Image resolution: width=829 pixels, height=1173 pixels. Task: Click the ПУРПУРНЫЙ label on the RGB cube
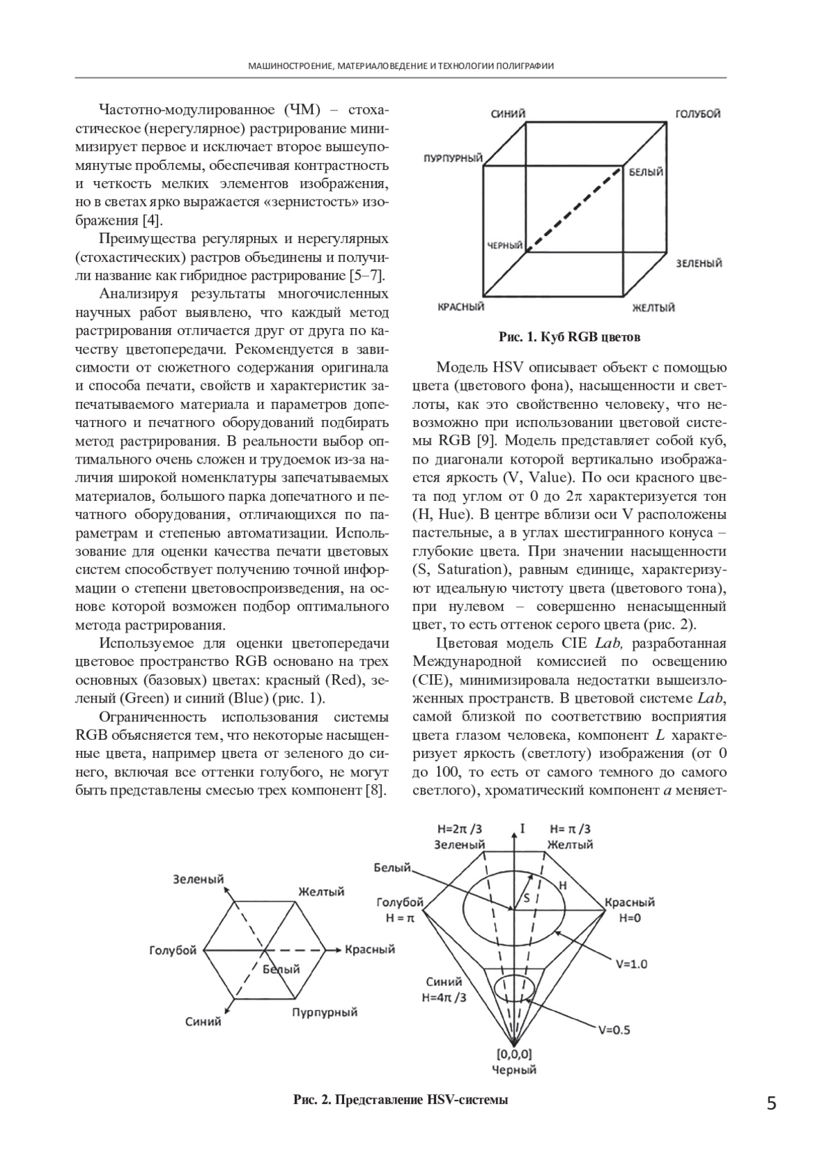point(452,159)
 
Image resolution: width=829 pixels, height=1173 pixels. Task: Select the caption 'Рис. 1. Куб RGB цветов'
point(569,338)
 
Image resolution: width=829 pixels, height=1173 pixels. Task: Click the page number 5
point(772,1104)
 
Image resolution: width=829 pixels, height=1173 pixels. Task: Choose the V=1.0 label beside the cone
point(631,964)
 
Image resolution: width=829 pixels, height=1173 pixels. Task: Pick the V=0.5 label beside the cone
point(614,1029)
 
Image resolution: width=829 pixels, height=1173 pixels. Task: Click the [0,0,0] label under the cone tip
point(514,1054)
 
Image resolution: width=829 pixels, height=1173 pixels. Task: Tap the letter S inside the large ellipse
point(526,898)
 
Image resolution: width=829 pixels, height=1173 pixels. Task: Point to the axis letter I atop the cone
point(523,827)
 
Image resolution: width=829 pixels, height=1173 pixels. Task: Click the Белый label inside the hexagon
point(282,969)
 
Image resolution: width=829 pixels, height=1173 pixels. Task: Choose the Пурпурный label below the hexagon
point(324,1013)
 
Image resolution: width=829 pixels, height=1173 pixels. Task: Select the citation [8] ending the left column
point(374,790)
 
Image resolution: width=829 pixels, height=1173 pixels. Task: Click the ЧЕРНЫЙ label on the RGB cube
point(503,245)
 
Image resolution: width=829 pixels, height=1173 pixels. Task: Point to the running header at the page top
point(401,66)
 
